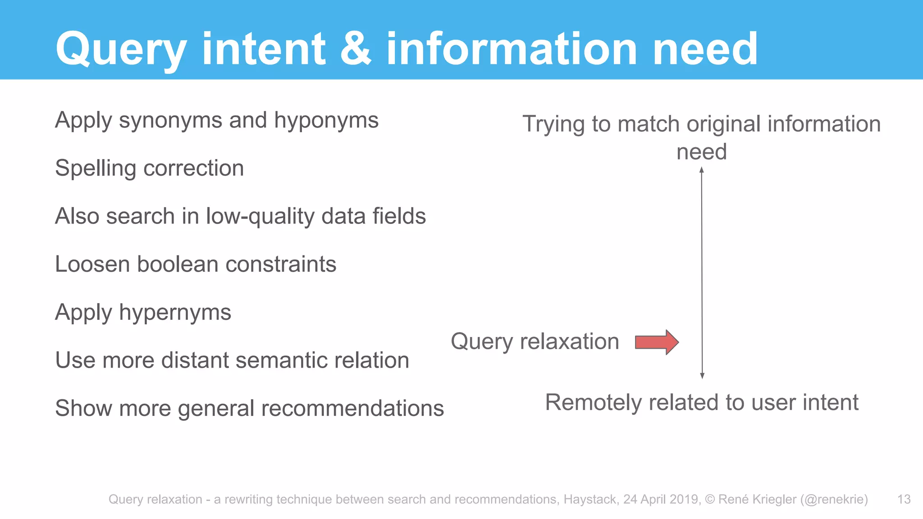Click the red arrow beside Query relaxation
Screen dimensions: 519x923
click(x=657, y=342)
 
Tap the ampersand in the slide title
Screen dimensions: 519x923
click(x=356, y=48)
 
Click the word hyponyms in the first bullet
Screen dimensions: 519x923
click(x=326, y=121)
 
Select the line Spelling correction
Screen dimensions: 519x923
click(x=149, y=168)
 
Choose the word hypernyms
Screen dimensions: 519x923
click(x=175, y=313)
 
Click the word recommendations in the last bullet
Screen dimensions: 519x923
click(x=356, y=409)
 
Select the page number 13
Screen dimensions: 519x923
click(x=904, y=499)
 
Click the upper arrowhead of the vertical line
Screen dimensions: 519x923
click(x=702, y=170)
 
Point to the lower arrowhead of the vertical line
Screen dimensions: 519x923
click(x=702, y=376)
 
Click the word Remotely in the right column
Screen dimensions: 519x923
click(x=593, y=402)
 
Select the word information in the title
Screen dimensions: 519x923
click(x=512, y=48)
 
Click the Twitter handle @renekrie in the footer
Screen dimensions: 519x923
click(x=834, y=499)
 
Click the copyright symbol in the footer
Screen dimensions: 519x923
click(x=710, y=499)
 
